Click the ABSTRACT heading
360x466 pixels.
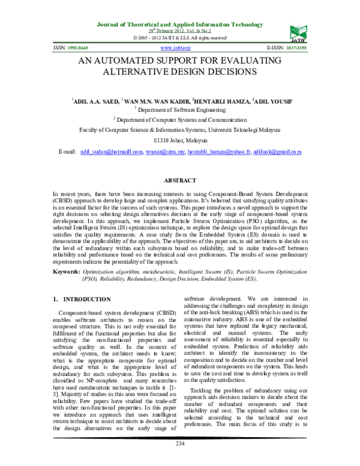pos(180,181)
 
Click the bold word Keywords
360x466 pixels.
pos(67,271)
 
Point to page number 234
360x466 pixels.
pos(180,460)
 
